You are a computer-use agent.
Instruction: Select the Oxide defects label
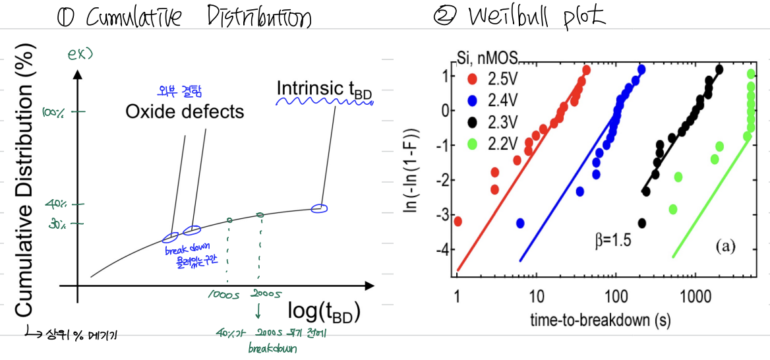click(185, 111)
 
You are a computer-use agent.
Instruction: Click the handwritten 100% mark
click(53, 113)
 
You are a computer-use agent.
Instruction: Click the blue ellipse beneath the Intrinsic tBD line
click(319, 209)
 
